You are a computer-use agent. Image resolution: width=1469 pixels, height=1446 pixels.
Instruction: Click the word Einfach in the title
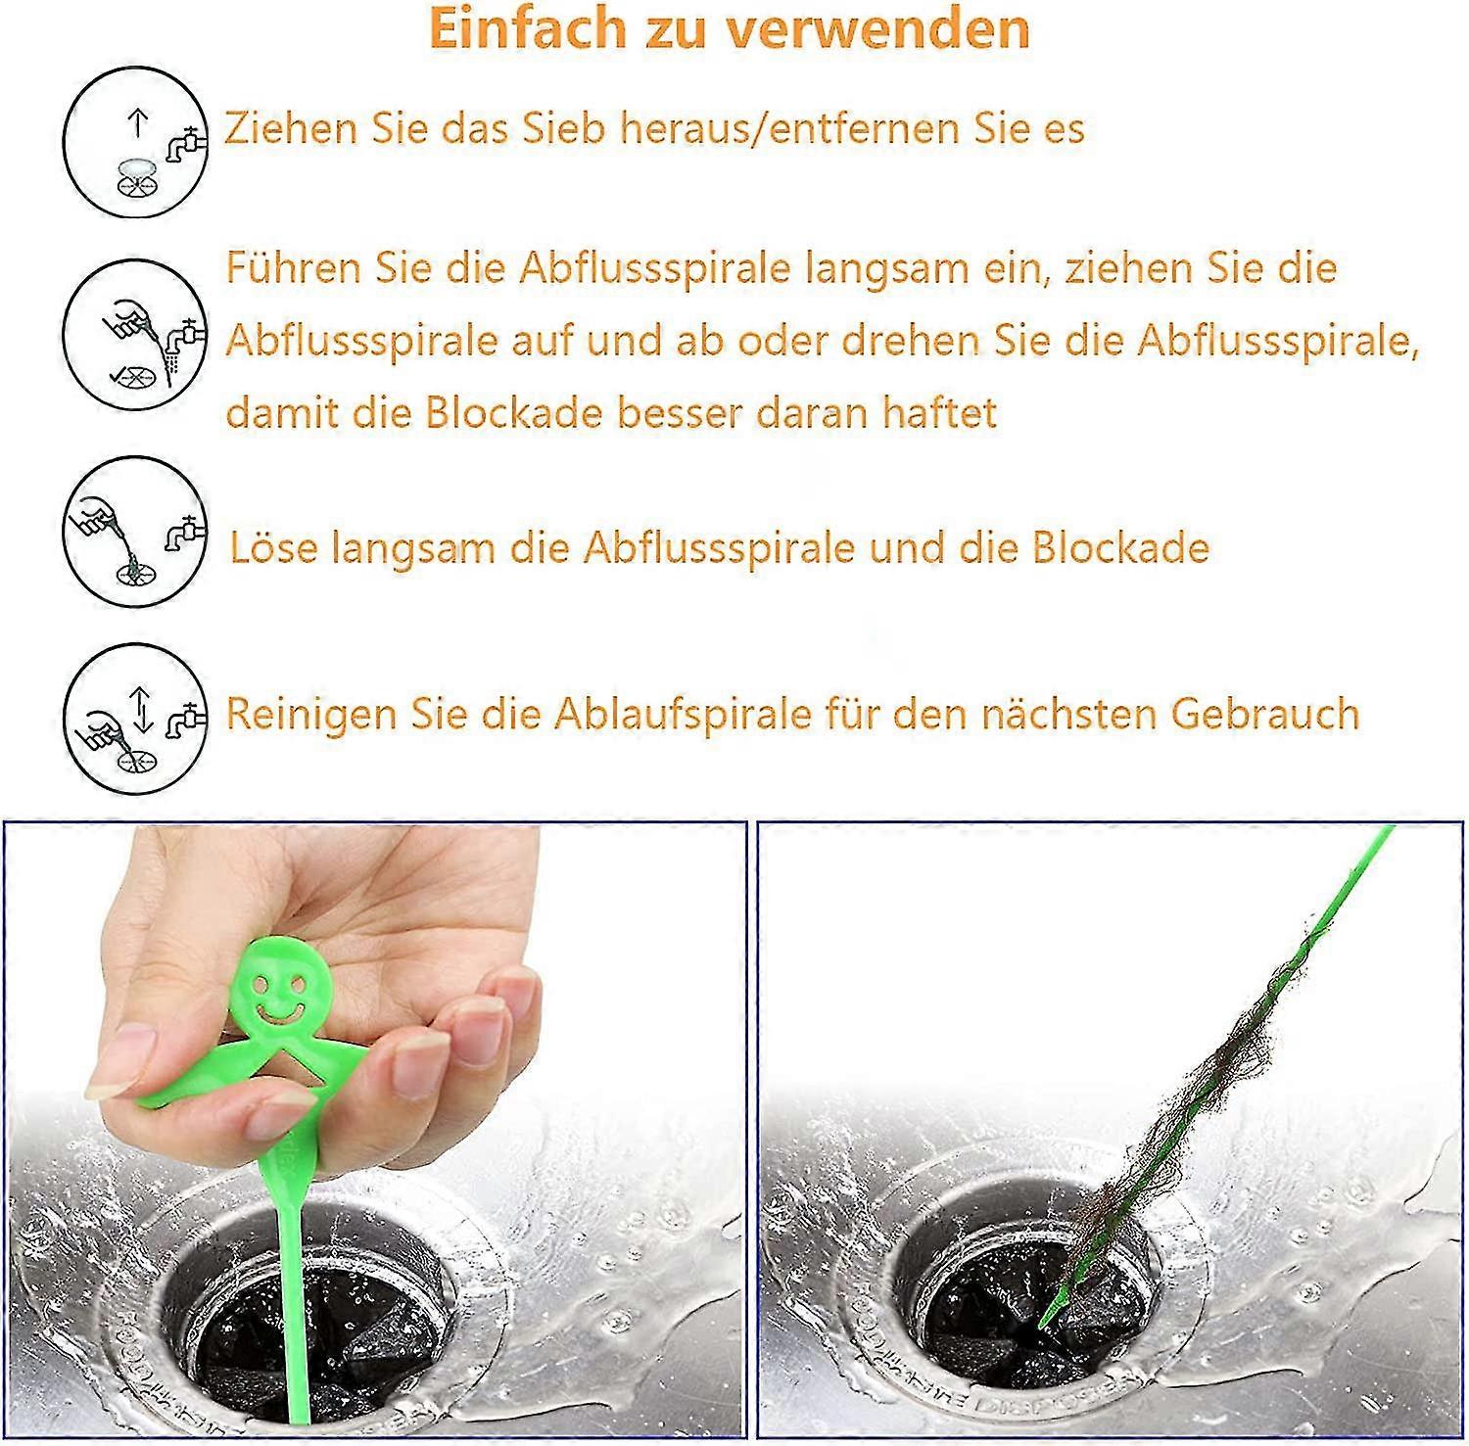[x=526, y=28]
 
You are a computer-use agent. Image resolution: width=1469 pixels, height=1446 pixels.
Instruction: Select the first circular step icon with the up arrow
[x=135, y=143]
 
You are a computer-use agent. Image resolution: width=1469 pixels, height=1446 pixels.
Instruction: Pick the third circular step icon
[x=135, y=532]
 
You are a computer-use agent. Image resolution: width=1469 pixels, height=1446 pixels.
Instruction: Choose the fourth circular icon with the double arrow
[x=135, y=718]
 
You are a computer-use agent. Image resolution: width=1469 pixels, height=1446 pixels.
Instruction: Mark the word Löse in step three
[x=273, y=547]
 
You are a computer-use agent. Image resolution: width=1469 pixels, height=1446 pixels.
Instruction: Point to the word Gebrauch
[x=1264, y=714]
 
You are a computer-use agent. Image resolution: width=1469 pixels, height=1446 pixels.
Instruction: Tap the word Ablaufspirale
[x=683, y=714]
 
